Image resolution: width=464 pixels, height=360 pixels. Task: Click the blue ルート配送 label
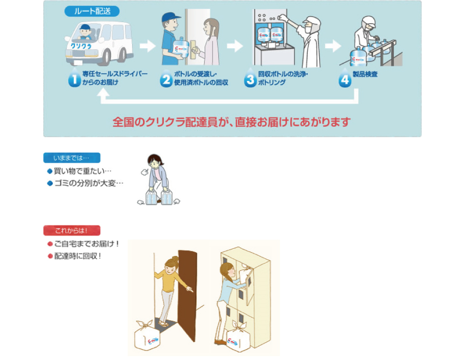click(x=92, y=11)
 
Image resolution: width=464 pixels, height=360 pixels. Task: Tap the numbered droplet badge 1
click(x=75, y=78)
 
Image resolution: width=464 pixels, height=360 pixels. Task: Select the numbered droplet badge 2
click(x=166, y=78)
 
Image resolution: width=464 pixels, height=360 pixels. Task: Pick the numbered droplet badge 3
click(x=250, y=78)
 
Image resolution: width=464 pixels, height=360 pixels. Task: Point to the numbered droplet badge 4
click(x=345, y=78)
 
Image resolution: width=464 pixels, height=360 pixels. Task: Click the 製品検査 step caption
click(x=365, y=74)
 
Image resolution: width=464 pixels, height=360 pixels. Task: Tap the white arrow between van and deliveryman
click(x=148, y=46)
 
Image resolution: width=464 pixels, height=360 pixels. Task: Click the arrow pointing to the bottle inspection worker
click(x=333, y=46)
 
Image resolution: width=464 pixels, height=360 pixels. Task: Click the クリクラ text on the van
click(x=81, y=46)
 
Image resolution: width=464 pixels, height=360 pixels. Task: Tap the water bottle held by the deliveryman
click(x=181, y=48)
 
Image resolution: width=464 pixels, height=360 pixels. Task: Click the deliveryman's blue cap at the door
click(x=170, y=17)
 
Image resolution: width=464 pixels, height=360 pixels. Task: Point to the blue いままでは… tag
click(x=72, y=158)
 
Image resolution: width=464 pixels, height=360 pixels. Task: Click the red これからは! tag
click(x=72, y=230)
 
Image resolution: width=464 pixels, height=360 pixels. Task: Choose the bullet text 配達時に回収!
click(x=78, y=256)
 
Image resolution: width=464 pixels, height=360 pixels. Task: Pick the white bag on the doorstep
click(x=147, y=336)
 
